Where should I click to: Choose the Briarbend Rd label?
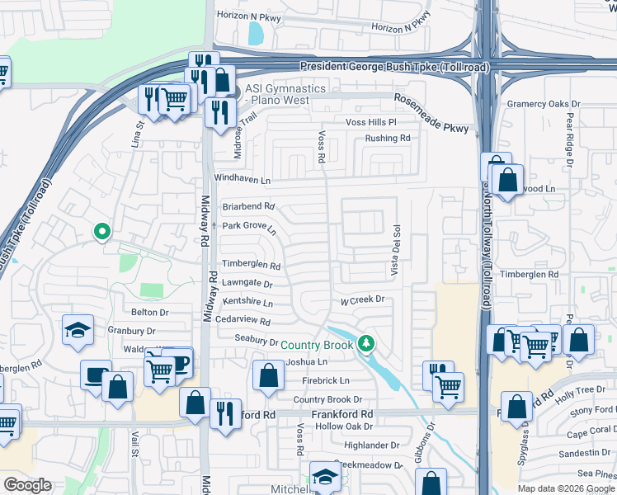pos(248,207)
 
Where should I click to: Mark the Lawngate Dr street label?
pos(247,283)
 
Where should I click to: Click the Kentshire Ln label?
pos(247,303)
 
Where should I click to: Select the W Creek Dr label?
pos(363,300)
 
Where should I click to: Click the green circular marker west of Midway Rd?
pos(101,233)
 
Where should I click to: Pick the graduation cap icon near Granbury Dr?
pos(78,331)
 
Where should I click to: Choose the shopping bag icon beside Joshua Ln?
pos(268,375)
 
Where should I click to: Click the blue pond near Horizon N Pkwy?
pos(256,34)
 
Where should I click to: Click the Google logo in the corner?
pos(27,485)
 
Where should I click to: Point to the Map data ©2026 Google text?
pos(565,488)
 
